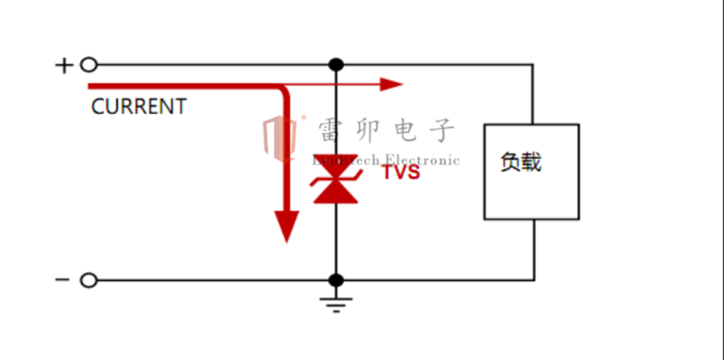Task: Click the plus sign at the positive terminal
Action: coord(65,65)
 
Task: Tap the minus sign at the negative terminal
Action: coord(63,280)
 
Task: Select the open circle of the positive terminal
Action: coord(89,65)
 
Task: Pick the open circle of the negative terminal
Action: coord(89,280)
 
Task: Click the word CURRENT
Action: coord(139,107)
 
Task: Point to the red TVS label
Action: coord(400,173)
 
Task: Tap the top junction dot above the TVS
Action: coord(335,65)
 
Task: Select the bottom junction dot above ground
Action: coord(335,280)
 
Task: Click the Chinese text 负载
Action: coord(521,162)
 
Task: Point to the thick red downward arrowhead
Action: coord(287,225)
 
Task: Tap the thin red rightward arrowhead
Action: coord(392,84)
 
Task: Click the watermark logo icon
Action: coord(280,137)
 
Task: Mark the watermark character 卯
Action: coord(368,131)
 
